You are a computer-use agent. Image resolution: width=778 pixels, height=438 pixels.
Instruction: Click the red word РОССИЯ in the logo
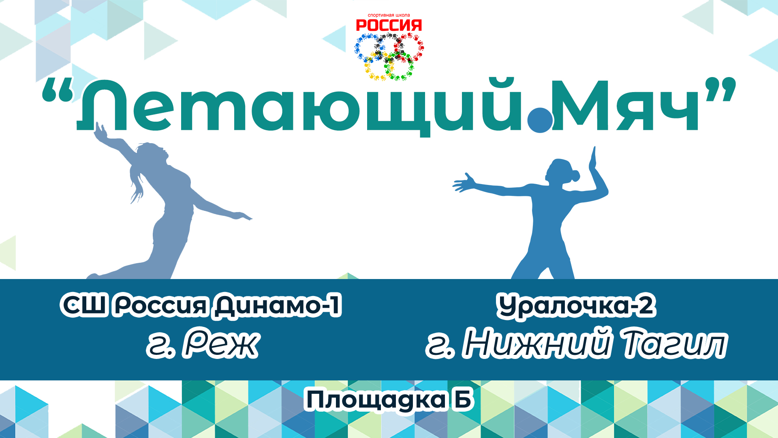[389, 26]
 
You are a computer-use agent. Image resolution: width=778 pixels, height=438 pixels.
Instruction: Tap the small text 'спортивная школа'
[389, 15]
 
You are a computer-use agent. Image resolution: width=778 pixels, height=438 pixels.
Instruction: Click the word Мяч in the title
[624, 106]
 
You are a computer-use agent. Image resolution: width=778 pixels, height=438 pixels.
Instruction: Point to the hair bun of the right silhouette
[574, 176]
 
